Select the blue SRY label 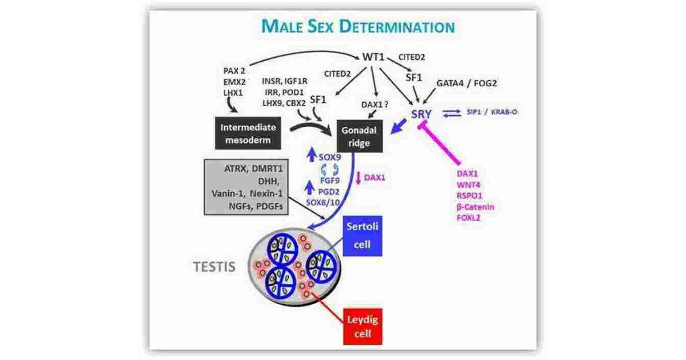click(421, 114)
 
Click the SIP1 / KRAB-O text click(496, 112)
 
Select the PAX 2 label click(234, 71)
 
